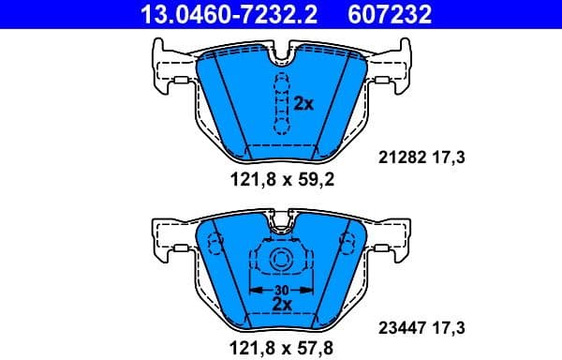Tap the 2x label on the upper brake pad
point(303,104)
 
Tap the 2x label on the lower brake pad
point(281,304)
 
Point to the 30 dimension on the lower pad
point(281,290)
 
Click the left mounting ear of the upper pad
point(169,67)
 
